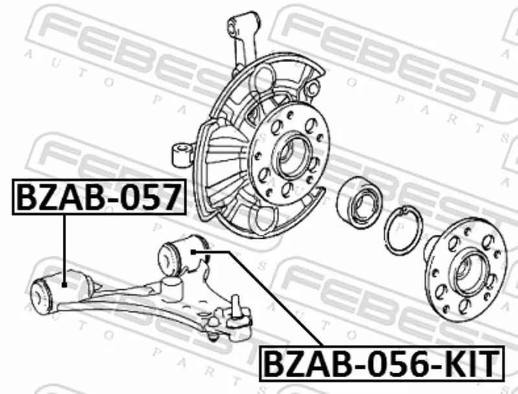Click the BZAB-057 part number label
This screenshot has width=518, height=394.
pyautogui.click(x=99, y=197)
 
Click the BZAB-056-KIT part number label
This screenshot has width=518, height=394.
pyautogui.click(x=382, y=364)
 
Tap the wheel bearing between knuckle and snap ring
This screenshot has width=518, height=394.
pyautogui.click(x=360, y=202)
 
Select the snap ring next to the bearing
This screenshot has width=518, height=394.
pyautogui.click(x=403, y=230)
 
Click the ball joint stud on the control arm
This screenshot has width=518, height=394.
pyautogui.click(x=235, y=306)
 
